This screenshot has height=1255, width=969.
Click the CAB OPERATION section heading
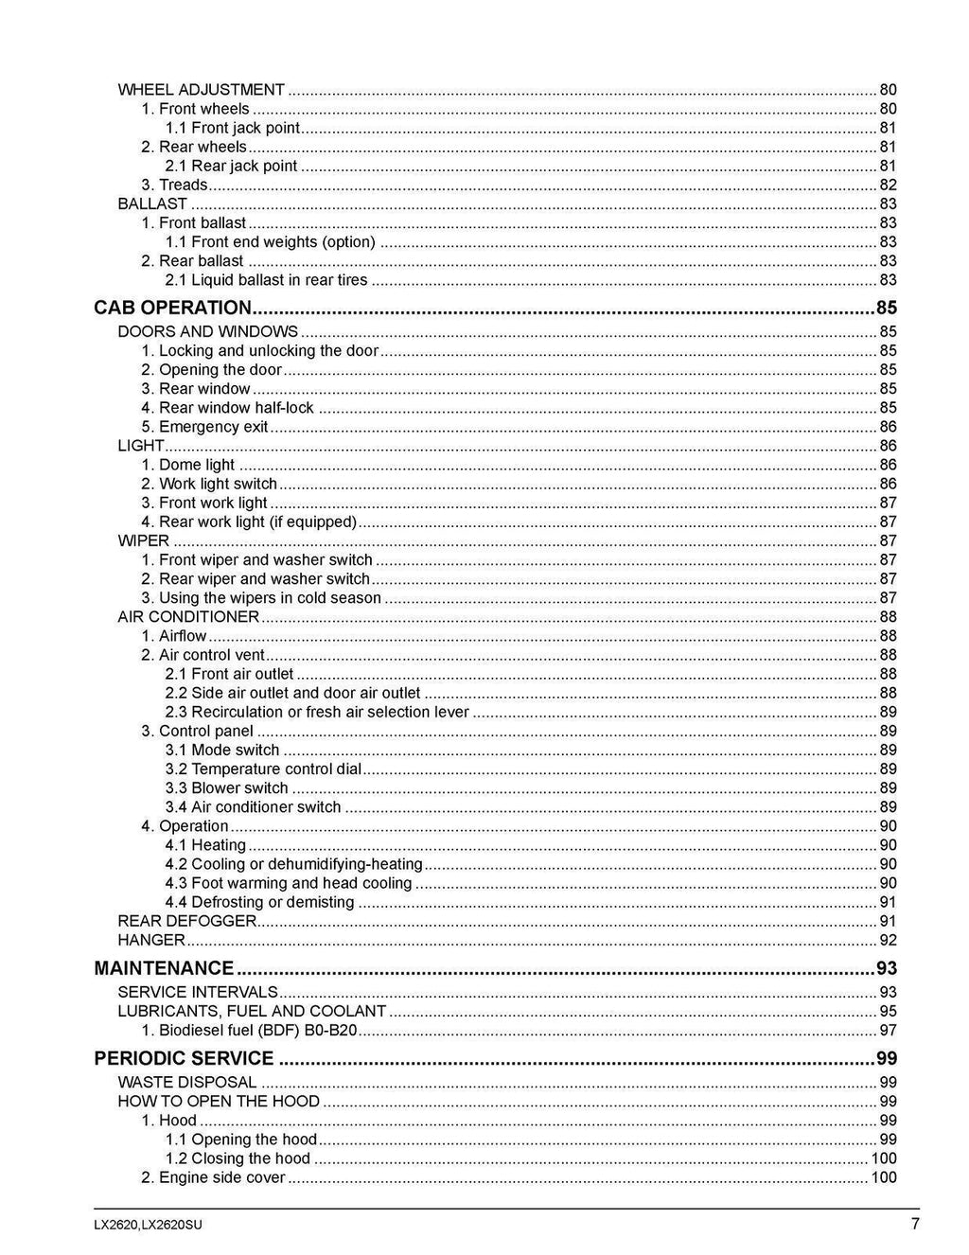(172, 309)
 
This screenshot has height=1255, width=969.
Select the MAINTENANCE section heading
(164, 968)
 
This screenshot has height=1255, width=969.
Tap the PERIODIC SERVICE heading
(184, 1058)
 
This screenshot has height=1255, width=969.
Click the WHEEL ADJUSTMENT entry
(201, 90)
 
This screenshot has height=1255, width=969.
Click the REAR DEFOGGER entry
(186, 921)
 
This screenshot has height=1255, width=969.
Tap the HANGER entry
(151, 940)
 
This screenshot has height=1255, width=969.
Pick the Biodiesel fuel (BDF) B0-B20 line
(249, 1030)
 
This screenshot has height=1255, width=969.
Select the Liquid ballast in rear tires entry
(266, 280)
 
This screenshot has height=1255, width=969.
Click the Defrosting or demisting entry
(259, 902)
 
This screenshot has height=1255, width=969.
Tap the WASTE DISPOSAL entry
(186, 1082)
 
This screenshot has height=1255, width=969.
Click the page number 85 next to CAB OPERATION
(886, 309)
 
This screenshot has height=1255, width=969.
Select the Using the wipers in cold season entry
(260, 598)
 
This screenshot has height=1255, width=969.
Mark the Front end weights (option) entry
(270, 242)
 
